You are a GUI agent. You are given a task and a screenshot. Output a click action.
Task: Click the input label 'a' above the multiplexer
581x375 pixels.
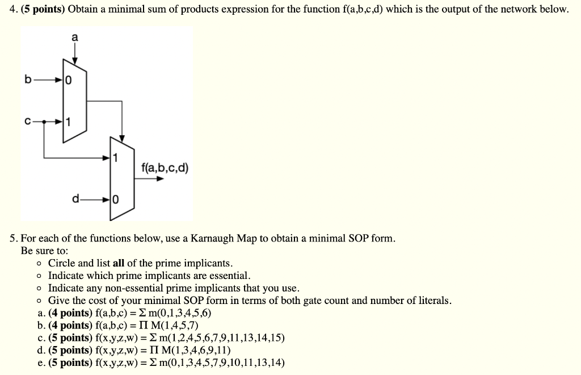click(75, 37)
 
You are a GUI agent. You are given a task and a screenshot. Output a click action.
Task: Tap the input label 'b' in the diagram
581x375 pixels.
click(27, 80)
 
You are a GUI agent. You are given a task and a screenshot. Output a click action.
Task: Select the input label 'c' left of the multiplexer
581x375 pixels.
click(27, 121)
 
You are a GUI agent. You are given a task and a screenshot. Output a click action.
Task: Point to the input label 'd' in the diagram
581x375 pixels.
click(75, 199)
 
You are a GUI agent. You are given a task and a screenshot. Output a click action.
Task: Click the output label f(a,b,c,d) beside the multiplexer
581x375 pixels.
click(165, 168)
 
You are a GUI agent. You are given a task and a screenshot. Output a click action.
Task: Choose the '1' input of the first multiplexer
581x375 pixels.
click(68, 122)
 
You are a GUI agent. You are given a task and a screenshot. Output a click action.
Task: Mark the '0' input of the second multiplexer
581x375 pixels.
click(116, 199)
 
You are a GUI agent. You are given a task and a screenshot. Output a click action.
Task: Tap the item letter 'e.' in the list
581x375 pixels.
click(41, 363)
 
